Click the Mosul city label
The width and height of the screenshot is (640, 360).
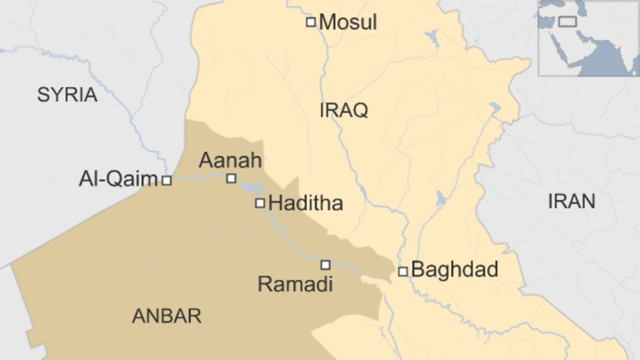tap(348, 22)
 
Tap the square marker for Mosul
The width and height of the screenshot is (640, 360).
tap(311, 22)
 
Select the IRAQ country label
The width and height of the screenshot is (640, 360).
tap(344, 110)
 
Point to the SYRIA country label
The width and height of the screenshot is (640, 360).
tap(67, 94)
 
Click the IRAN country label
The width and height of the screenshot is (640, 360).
tap(571, 201)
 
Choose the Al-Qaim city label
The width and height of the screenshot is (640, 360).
tap(118, 179)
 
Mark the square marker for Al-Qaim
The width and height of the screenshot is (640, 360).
tap(167, 180)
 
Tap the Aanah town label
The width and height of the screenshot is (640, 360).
tap(230, 161)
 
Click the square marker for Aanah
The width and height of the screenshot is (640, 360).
tap(231, 178)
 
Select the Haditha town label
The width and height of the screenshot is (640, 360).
tap(306, 203)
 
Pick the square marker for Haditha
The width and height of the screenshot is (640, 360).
tap(260, 203)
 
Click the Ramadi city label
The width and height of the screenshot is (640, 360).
tap(295, 284)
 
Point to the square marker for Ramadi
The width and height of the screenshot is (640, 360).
tap(325, 265)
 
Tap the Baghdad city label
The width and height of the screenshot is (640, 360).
tap(454, 270)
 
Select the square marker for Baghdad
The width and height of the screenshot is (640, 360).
tap(403, 271)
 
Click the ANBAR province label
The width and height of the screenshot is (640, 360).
tap(167, 316)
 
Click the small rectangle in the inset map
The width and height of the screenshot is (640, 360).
tap(567, 22)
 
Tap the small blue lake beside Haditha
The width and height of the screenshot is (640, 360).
tap(254, 188)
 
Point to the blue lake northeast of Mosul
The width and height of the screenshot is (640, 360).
tap(431, 37)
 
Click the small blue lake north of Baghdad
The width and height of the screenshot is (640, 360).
tap(441, 198)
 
